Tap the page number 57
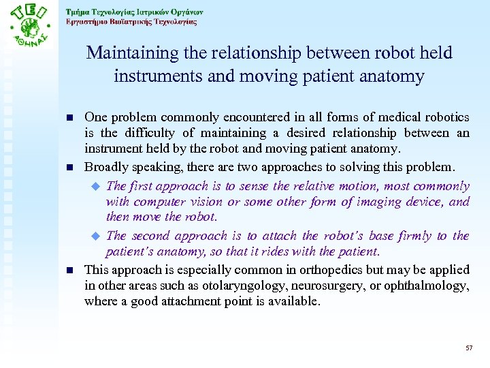(469, 348)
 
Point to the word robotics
(446, 118)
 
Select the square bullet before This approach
(70, 269)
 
